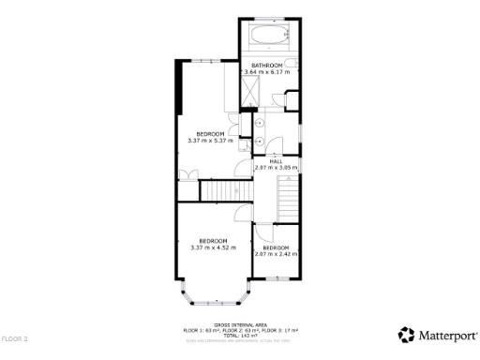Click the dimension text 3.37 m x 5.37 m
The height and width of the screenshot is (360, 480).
click(x=210, y=141)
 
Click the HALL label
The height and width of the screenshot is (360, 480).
click(x=276, y=161)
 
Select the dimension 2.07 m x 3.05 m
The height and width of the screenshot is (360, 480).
click(x=276, y=168)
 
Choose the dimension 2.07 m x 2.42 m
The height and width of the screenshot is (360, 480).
click(x=276, y=253)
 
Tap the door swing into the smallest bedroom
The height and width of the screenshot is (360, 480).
click(x=264, y=233)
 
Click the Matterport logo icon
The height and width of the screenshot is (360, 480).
click(x=406, y=335)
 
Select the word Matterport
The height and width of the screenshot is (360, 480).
click(x=447, y=335)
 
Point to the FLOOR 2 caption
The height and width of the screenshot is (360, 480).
click(x=15, y=338)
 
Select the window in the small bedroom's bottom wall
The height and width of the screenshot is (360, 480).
click(x=277, y=277)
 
